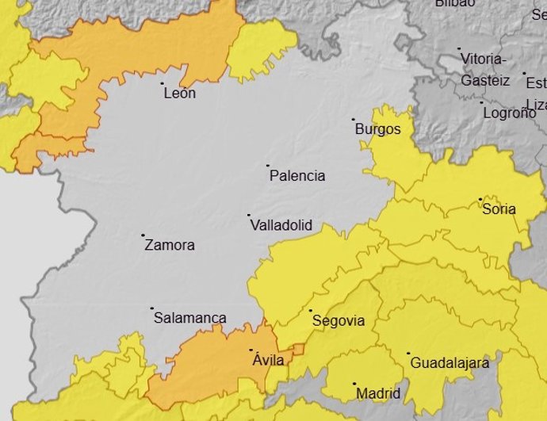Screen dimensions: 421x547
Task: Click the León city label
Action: (179, 94)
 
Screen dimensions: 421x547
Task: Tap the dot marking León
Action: (163, 82)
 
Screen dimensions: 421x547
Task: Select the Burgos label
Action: (377, 129)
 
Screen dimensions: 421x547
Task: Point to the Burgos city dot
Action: (354, 121)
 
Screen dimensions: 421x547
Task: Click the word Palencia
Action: (297, 176)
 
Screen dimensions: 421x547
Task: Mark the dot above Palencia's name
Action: (269, 166)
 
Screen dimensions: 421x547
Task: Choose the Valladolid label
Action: (281, 226)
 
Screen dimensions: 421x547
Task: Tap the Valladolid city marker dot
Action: (249, 215)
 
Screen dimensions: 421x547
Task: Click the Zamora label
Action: (170, 246)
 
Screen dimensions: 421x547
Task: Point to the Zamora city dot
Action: (143, 235)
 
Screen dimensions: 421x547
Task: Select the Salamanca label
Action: (189, 318)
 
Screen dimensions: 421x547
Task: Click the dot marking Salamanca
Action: (151, 308)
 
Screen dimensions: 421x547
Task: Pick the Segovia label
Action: (339, 321)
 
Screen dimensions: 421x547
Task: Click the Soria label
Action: (499, 209)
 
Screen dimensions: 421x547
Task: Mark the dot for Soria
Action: (480, 199)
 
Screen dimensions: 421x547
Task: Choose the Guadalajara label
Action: (449, 363)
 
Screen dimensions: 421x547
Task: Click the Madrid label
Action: (378, 393)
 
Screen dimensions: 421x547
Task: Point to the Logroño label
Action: (509, 113)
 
